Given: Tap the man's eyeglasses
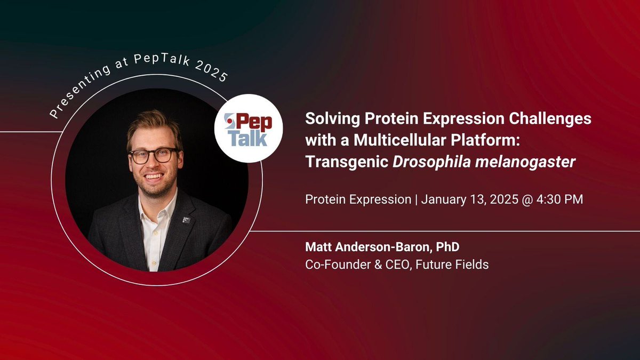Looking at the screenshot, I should tap(153, 155).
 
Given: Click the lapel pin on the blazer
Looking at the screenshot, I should tap(186, 219).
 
